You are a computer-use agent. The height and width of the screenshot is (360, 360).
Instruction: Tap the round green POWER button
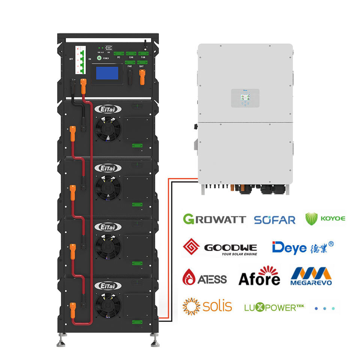click(x=99, y=58)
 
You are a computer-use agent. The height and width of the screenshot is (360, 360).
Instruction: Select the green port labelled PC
click(x=119, y=54)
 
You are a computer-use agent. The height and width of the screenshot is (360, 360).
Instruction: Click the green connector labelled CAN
click(x=131, y=54)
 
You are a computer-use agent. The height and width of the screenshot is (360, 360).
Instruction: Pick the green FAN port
click(x=143, y=54)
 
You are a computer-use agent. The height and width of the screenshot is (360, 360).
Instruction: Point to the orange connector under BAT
click(x=142, y=77)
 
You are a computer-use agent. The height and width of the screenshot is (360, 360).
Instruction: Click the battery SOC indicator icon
click(x=109, y=48)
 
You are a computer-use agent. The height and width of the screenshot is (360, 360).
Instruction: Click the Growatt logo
click(x=214, y=219)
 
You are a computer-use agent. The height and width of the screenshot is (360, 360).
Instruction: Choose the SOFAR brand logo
click(x=274, y=219)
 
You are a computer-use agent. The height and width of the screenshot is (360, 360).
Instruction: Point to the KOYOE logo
click(x=325, y=219)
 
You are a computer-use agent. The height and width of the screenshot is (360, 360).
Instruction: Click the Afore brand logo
click(x=259, y=276)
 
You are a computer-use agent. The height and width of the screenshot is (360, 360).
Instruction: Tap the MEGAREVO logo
click(x=311, y=276)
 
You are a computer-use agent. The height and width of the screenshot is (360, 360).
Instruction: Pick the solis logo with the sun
click(x=207, y=306)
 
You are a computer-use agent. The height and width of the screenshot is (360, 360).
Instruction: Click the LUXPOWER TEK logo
click(x=274, y=307)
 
